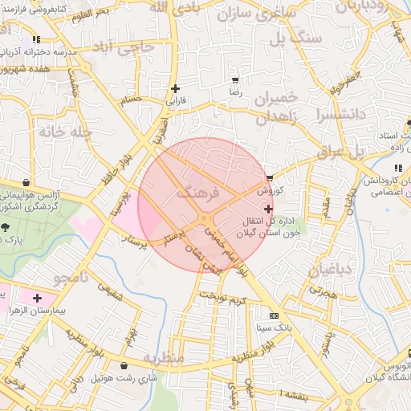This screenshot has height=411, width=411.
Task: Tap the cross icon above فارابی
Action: tap(175, 88)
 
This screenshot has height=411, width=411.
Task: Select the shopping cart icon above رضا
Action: tap(234, 80)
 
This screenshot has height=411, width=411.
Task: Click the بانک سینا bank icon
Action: tap(274, 315)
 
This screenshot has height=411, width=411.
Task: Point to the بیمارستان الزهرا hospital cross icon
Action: tap(37, 298)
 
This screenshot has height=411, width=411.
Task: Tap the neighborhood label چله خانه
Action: tap(62, 131)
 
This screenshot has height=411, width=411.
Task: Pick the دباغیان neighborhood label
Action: tap(329, 270)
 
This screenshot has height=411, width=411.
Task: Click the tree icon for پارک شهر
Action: tap(6, 227)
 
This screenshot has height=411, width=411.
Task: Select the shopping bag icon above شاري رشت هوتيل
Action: tap(124, 365)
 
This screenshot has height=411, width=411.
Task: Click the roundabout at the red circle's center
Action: tap(205, 218)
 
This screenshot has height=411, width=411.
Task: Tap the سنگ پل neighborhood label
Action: tap(295, 38)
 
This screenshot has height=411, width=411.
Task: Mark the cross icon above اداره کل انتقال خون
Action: tap(268, 210)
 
